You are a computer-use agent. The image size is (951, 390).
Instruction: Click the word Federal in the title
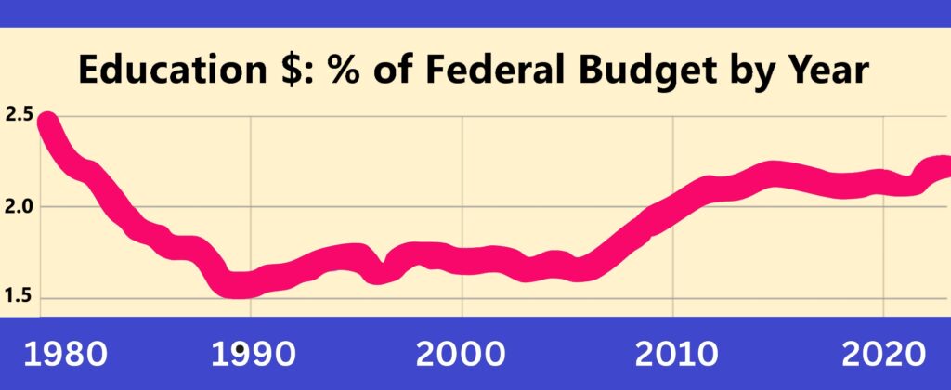(x=480, y=71)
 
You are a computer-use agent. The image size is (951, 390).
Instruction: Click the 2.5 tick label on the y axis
(x=19, y=116)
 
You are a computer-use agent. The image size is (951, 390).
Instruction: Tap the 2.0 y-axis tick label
(x=19, y=206)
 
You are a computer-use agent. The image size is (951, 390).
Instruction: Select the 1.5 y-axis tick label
(x=19, y=296)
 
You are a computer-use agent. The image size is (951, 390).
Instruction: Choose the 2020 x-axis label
(x=883, y=353)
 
